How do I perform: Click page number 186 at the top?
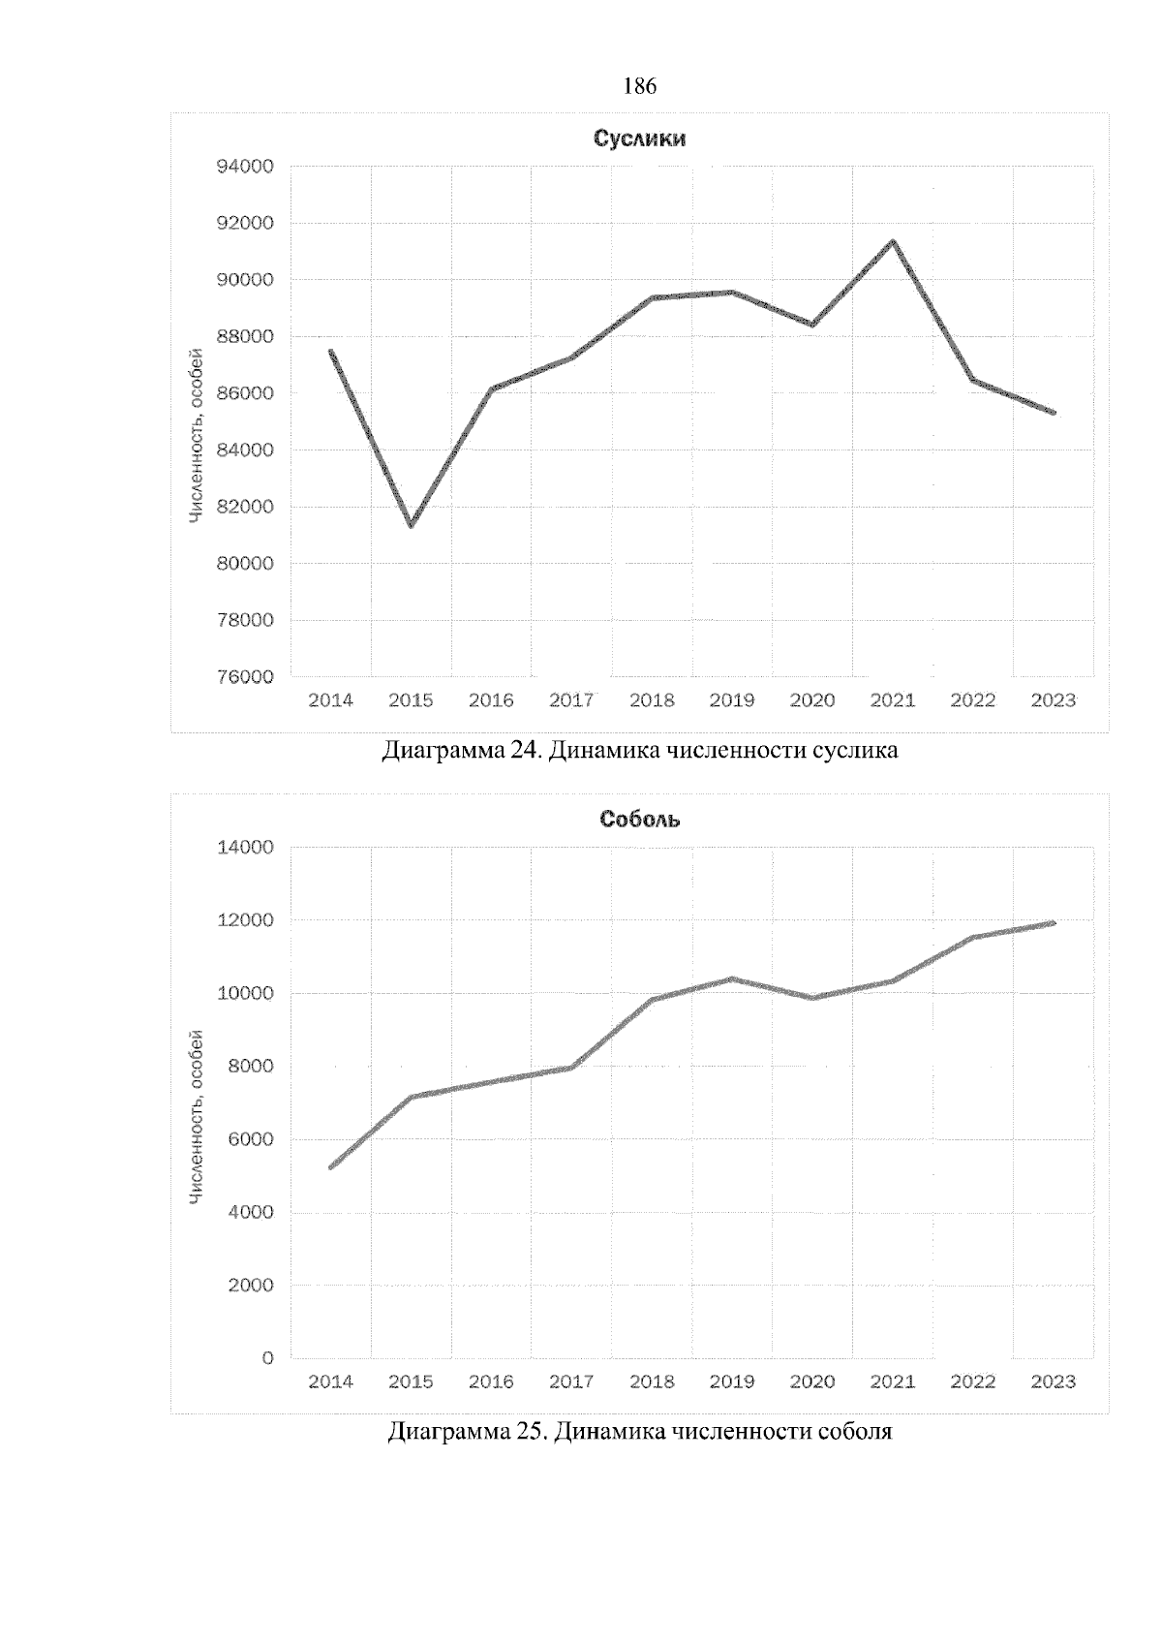[640, 87]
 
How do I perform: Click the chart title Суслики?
[639, 139]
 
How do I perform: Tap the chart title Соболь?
[639, 820]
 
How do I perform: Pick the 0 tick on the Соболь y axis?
[268, 1358]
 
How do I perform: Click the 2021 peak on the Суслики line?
[893, 241]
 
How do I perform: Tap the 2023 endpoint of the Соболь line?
[1054, 923]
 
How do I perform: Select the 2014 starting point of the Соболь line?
[331, 1167]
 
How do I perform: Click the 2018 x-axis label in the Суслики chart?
[652, 700]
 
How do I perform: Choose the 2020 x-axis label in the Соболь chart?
[812, 1382]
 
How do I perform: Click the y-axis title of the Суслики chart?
[196, 435]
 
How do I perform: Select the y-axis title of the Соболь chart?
[196, 1117]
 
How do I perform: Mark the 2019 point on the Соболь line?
[732, 978]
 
